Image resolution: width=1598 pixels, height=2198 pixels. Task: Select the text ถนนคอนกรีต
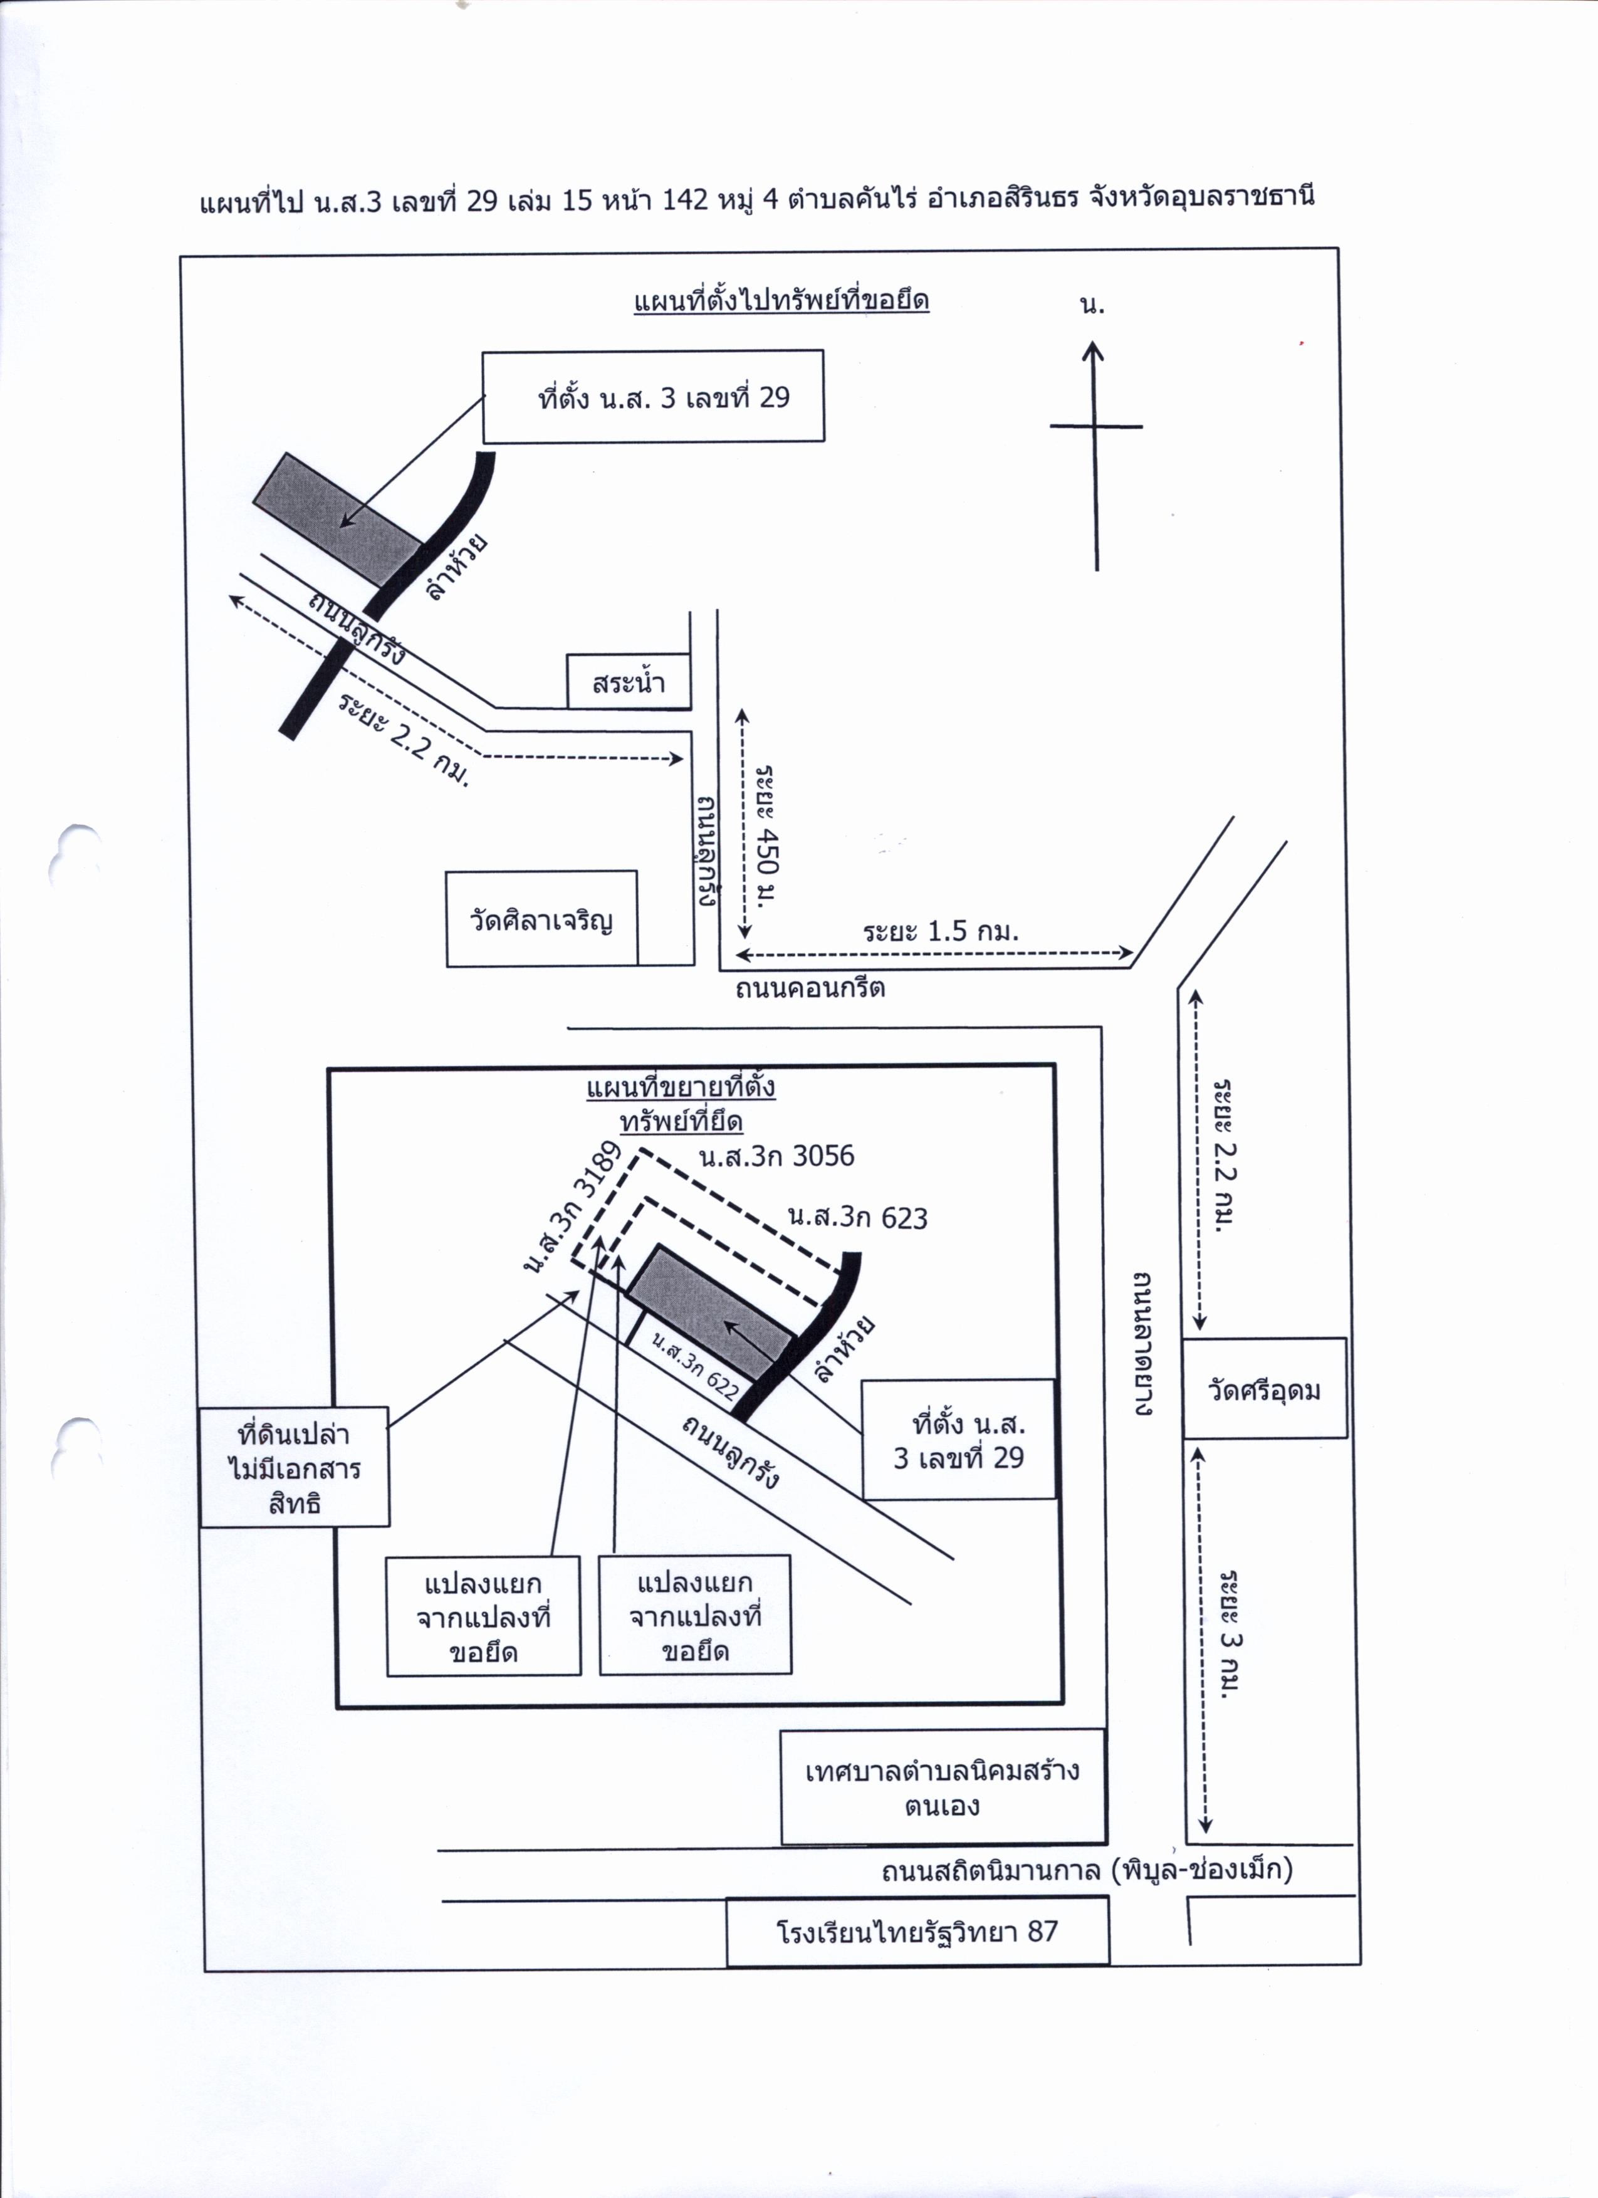[x=810, y=988]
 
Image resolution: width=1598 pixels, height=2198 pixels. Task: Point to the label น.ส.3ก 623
[x=858, y=1217]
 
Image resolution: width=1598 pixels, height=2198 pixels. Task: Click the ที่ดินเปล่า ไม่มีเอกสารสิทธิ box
[x=295, y=1468]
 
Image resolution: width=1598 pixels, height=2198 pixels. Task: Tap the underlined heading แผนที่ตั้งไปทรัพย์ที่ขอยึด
[x=781, y=300]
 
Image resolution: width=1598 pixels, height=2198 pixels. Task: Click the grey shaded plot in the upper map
[x=337, y=520]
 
